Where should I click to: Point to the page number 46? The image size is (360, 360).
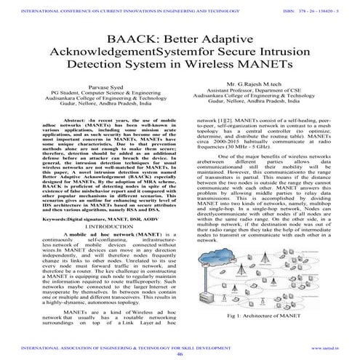[179, 353]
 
